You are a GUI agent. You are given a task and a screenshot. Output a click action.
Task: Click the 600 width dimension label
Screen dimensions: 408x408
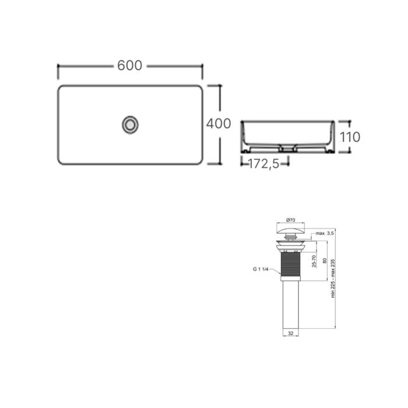tap(129, 65)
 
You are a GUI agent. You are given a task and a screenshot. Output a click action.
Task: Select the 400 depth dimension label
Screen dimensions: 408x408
tap(219, 124)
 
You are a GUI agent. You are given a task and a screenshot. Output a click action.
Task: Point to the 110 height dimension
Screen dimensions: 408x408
tap(350, 137)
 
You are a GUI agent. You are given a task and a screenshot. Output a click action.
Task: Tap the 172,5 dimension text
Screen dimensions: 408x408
tap(264, 164)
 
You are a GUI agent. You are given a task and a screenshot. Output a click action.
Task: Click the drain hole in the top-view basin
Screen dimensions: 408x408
tap(130, 125)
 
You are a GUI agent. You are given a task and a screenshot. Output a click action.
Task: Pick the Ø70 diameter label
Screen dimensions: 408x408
tap(291, 220)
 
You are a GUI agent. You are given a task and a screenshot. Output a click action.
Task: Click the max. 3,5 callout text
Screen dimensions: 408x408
tap(325, 233)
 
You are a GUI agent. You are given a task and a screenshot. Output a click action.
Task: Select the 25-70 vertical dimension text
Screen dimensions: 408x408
tap(314, 261)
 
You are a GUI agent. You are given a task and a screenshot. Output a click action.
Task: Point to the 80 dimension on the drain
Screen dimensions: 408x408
tap(325, 261)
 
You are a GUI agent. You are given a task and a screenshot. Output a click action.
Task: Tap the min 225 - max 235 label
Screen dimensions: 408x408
tap(333, 279)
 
